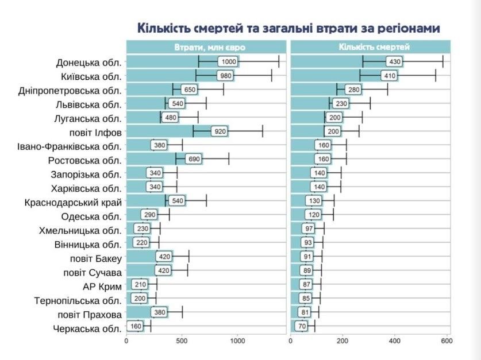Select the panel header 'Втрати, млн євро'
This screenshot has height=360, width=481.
pyautogui.click(x=205, y=47)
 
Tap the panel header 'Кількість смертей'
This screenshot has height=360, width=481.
pyautogui.click(x=370, y=47)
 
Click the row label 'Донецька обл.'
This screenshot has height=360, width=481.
pyautogui.click(x=89, y=62)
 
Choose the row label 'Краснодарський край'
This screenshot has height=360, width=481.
pyautogui.click(x=74, y=202)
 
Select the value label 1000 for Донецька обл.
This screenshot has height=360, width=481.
pyautogui.click(x=229, y=62)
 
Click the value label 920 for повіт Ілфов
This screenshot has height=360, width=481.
pyautogui.click(x=220, y=131)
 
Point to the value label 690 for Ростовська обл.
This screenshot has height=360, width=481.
pyautogui.click(x=194, y=160)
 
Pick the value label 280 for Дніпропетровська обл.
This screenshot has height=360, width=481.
pyautogui.click(x=353, y=90)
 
